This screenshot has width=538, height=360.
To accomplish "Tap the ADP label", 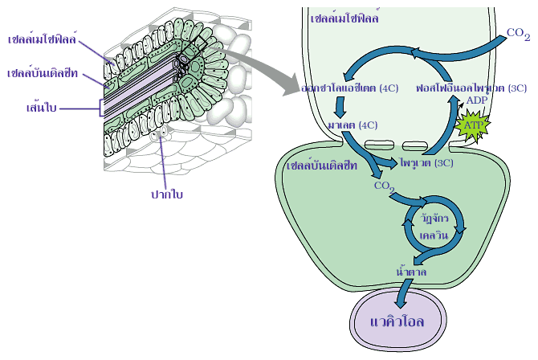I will tap(477, 100).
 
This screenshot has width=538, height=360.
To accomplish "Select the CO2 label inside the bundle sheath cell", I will tap(385, 187).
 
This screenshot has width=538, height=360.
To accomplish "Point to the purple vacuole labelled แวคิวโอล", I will tap(399, 324).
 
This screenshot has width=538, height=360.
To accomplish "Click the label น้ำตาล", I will tap(411, 272).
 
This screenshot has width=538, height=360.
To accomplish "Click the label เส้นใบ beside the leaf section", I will tap(41, 106).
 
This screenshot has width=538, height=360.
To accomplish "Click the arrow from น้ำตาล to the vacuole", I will tap(402, 292).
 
